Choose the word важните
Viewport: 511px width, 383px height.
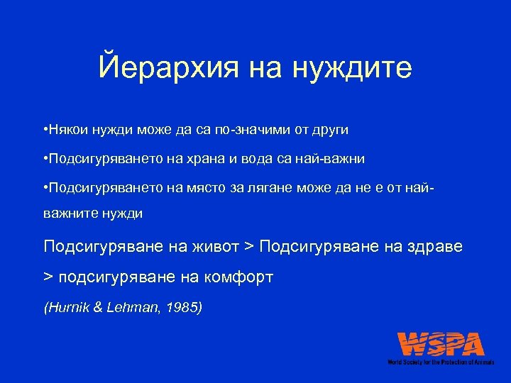tap(69, 213)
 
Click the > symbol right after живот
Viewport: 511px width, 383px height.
tap(248, 247)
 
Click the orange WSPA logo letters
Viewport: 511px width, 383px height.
tap(441, 345)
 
